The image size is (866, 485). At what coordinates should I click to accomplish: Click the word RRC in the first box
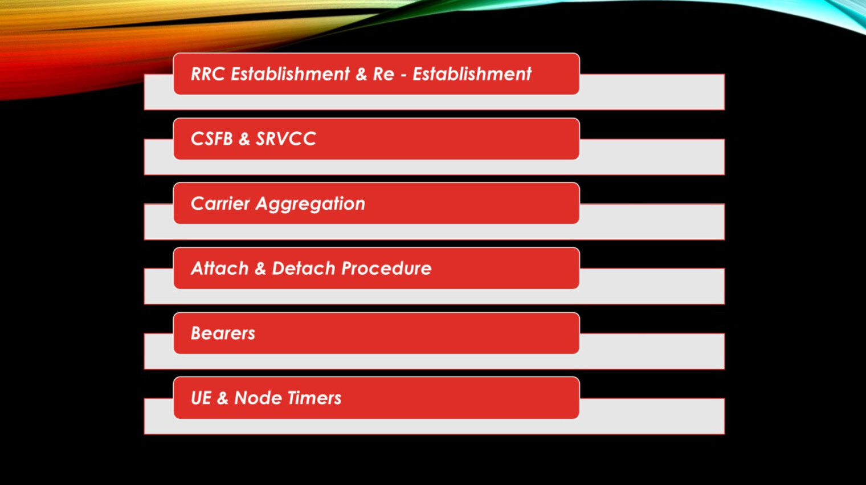pos(208,74)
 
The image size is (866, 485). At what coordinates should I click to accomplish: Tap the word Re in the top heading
pos(383,74)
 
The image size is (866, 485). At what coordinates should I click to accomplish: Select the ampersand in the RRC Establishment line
pos(361,74)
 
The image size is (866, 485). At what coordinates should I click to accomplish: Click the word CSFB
pos(212,139)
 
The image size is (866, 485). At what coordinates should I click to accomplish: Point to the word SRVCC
pos(286,139)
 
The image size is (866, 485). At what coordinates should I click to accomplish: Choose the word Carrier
pos(220,203)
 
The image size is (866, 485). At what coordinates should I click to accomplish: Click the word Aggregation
pos(311,204)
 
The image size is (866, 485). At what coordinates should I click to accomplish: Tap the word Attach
pos(219,268)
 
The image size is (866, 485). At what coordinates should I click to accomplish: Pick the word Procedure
pos(386,268)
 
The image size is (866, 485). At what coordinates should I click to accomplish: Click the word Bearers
pos(223,333)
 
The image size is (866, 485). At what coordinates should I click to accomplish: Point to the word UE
pos(201,398)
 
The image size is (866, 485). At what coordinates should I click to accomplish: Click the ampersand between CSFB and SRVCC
pos(244,139)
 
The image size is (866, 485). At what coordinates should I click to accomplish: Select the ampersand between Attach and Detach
pos(260,268)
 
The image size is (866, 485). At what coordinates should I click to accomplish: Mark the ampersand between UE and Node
pos(223,398)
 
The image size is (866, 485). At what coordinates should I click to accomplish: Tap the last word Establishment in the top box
pos(472,74)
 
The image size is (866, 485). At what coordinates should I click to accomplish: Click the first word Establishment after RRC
pos(291,74)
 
